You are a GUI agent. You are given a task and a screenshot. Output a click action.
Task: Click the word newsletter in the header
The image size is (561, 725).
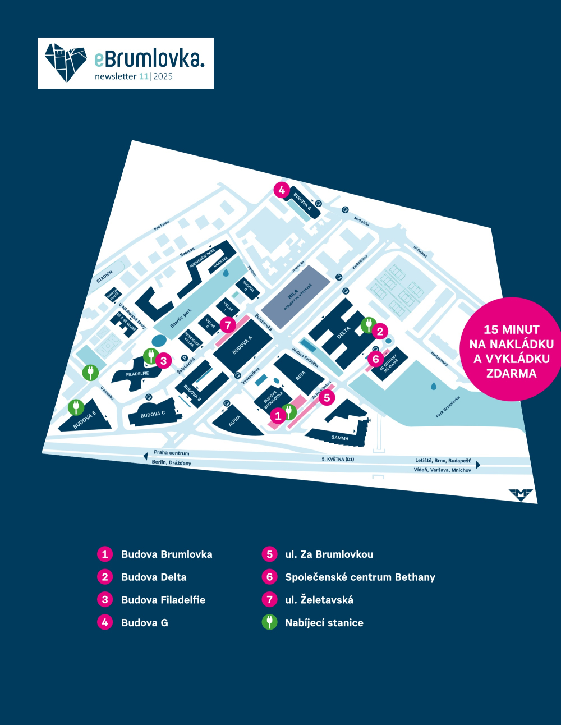[116, 76]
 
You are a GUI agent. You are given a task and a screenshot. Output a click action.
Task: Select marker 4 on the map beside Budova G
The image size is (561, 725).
[282, 190]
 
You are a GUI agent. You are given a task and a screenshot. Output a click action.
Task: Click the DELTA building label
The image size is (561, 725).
[343, 332]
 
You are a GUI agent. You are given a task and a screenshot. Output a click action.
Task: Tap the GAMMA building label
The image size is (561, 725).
[339, 438]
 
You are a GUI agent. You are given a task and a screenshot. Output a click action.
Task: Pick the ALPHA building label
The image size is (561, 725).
[234, 420]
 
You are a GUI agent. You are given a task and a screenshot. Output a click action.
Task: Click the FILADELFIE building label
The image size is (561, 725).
[137, 374]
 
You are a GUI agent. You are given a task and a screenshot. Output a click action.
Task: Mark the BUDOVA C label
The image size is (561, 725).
[153, 415]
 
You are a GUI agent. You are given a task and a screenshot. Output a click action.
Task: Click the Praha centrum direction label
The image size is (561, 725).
[171, 453]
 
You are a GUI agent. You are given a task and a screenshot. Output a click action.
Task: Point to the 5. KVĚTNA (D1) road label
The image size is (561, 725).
[338, 459]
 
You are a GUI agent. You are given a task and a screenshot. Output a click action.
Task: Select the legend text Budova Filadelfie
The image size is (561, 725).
[163, 600]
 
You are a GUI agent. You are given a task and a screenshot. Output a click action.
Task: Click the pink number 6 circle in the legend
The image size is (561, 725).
[269, 577]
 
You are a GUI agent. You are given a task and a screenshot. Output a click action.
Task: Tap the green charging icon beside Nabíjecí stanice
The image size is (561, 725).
[269, 622]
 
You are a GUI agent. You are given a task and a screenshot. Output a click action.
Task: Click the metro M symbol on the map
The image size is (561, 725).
[521, 493]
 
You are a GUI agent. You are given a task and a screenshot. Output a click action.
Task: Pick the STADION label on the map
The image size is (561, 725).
[105, 277]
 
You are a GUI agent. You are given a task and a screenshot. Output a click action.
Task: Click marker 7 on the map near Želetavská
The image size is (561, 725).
[227, 325]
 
